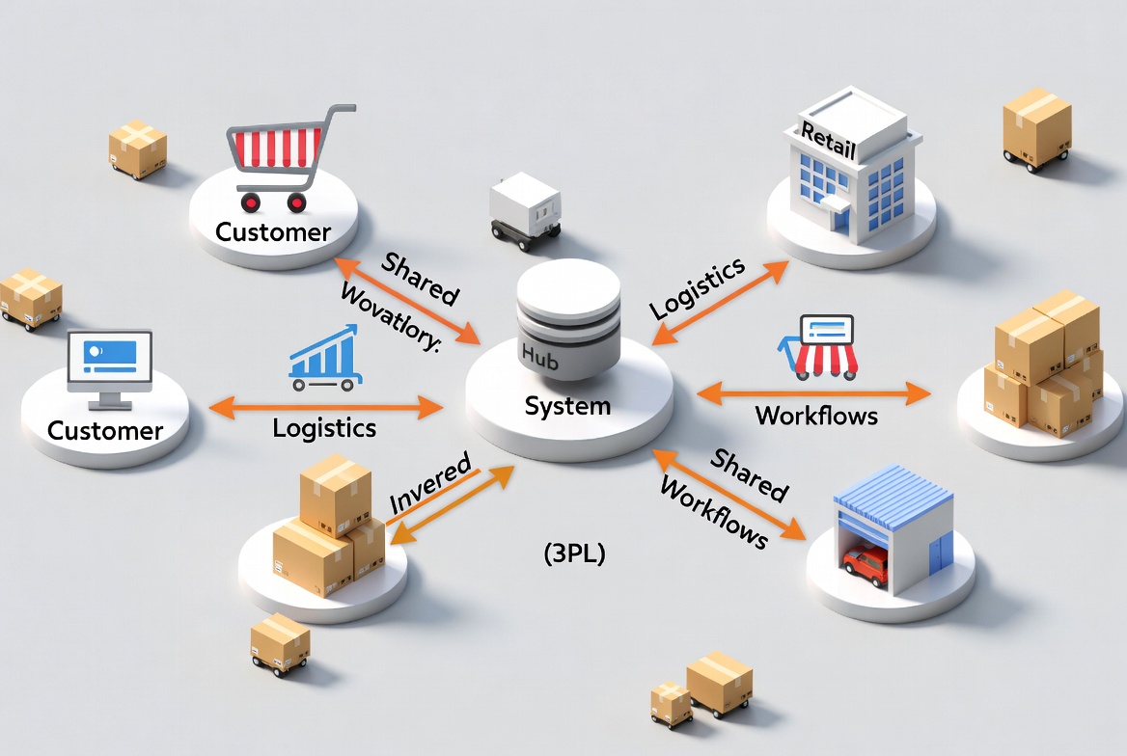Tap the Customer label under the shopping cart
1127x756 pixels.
point(273,232)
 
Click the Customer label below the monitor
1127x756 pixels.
point(105,430)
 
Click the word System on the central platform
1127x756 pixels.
point(567,406)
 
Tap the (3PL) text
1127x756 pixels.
point(575,554)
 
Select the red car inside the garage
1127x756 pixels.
point(866,563)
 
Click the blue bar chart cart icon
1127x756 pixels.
point(324,359)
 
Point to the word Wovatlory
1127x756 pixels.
point(389,317)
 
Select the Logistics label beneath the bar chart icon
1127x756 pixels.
point(324,427)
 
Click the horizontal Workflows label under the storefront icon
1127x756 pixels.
point(816,416)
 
